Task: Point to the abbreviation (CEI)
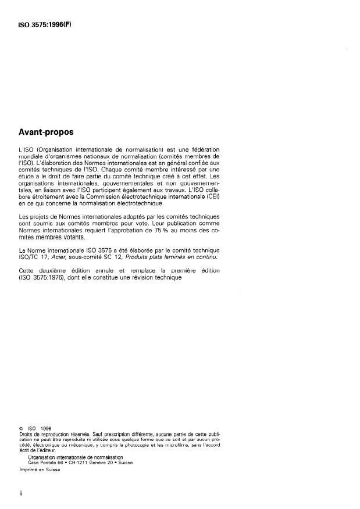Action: click(211, 196)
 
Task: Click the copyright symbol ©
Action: click(21, 428)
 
